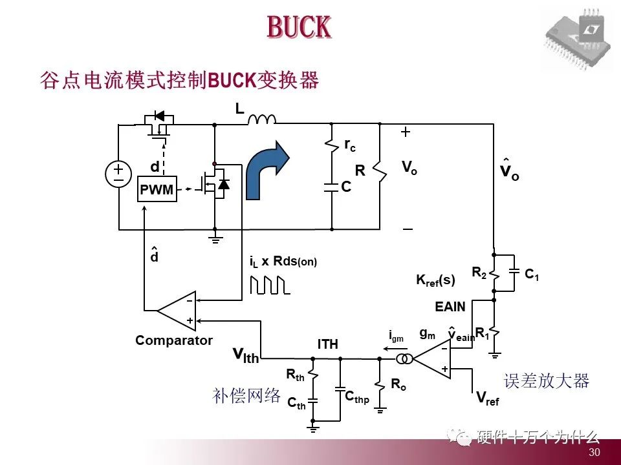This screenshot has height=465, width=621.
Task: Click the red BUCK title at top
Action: (x=299, y=27)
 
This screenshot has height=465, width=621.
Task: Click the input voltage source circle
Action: (x=119, y=174)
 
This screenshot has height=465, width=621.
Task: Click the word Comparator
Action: (x=174, y=340)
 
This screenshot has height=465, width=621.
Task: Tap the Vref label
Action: (x=487, y=398)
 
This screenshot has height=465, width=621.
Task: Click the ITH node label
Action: (x=327, y=344)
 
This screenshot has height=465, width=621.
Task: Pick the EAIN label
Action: (x=450, y=307)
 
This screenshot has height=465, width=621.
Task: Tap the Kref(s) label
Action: (x=435, y=280)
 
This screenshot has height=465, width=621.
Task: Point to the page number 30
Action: (x=594, y=452)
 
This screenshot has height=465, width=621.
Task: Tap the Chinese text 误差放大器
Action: (x=547, y=381)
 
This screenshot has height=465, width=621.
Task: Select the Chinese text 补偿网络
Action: (x=246, y=395)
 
